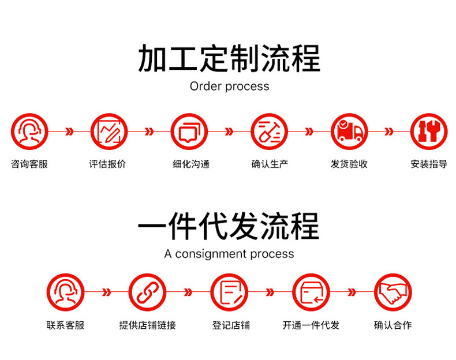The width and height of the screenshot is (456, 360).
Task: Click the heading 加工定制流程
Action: coord(229,59)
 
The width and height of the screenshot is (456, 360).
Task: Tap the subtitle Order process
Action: coord(229,87)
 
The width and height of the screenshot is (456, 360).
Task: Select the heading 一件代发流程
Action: coord(229,226)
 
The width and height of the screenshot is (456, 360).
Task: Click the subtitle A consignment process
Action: coord(229,254)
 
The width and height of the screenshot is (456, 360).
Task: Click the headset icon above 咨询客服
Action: coord(29,132)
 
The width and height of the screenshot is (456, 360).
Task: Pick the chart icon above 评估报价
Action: coord(109,132)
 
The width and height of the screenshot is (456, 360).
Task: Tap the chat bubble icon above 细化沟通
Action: coord(189,132)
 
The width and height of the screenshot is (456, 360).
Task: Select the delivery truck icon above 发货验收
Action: coord(349,132)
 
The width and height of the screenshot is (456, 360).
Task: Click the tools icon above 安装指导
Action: coord(429,132)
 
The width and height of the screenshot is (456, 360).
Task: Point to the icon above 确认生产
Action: coord(269,132)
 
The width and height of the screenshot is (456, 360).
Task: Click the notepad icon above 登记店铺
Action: coord(229,292)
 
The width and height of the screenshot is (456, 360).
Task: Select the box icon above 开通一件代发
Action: coord(311,292)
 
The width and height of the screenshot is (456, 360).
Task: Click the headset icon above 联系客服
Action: coord(65,292)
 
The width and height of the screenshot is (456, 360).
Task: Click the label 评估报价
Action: coord(107,164)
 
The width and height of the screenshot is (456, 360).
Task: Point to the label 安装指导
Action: coord(429,164)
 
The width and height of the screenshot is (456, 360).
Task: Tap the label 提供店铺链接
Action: coord(147,325)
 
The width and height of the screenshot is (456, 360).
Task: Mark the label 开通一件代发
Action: coord(311,325)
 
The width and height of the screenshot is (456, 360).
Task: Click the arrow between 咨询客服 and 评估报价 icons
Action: coord(69,132)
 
